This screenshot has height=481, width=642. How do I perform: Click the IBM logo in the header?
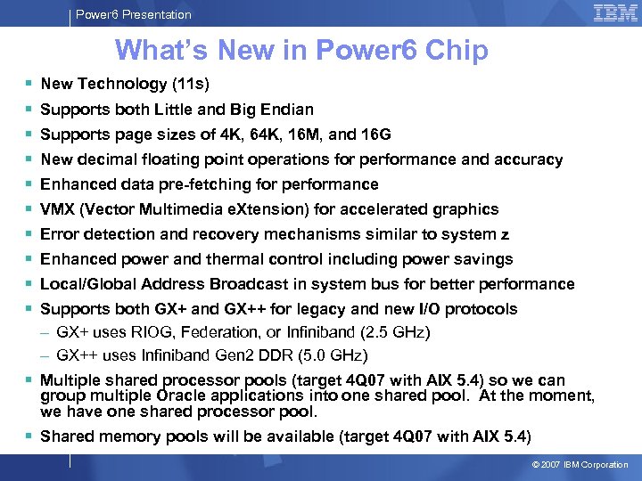(x=615, y=13)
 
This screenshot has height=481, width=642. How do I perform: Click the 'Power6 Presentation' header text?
(x=133, y=14)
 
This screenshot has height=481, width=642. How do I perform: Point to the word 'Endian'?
(x=289, y=110)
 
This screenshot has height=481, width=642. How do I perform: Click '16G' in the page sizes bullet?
(x=374, y=135)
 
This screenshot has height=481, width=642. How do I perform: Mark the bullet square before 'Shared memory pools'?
(x=29, y=436)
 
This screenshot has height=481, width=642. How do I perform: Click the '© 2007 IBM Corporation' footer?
(x=580, y=465)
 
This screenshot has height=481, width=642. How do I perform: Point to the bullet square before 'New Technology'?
(x=29, y=85)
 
